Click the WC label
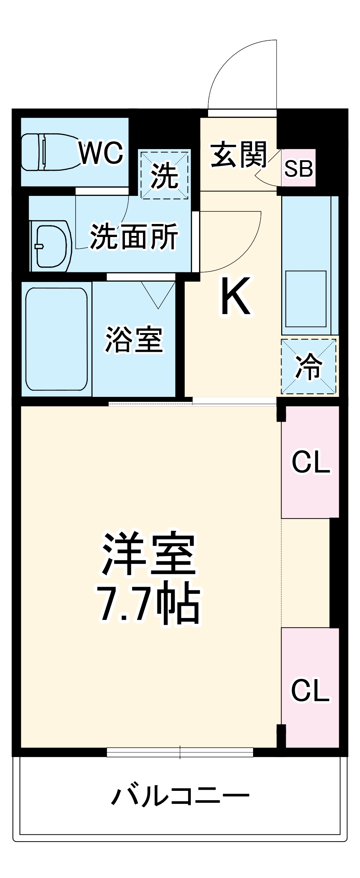tap(101, 153)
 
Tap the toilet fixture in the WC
tap(47, 152)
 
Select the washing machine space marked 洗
tap(165, 175)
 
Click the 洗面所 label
tap(134, 236)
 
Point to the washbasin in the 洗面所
tap(51, 246)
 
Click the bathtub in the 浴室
tap(57, 339)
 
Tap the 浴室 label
tap(134, 339)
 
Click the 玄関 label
tap(239, 154)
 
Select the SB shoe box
tap(298, 168)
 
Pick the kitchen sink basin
tap(306, 299)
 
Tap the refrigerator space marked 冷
tap(309, 366)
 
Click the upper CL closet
tap(310, 462)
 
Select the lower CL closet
tap(310, 690)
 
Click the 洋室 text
tap(149, 554)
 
